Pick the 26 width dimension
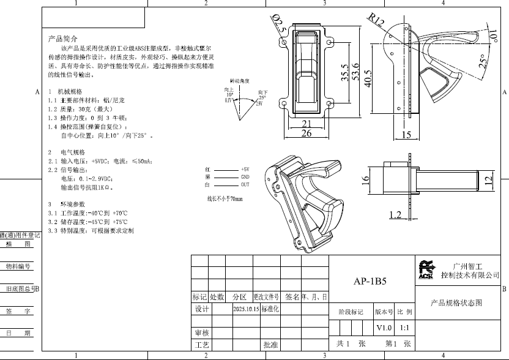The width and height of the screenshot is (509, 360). click(307, 133)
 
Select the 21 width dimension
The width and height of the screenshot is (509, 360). click(307, 123)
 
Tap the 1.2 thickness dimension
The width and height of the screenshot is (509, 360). click(395, 214)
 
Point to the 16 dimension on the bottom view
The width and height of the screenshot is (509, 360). click(366, 180)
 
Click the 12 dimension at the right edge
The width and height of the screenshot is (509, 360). click(488, 180)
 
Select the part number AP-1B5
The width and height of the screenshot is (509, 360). click(370, 282)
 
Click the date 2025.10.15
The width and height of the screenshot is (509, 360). click(246, 309)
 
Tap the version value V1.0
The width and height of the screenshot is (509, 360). click(384, 328)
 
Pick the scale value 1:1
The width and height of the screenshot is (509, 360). click(404, 328)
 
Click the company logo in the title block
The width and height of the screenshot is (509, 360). click(426, 269)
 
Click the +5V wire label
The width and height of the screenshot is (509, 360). click(245, 168)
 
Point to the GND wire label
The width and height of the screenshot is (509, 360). click(245, 176)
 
